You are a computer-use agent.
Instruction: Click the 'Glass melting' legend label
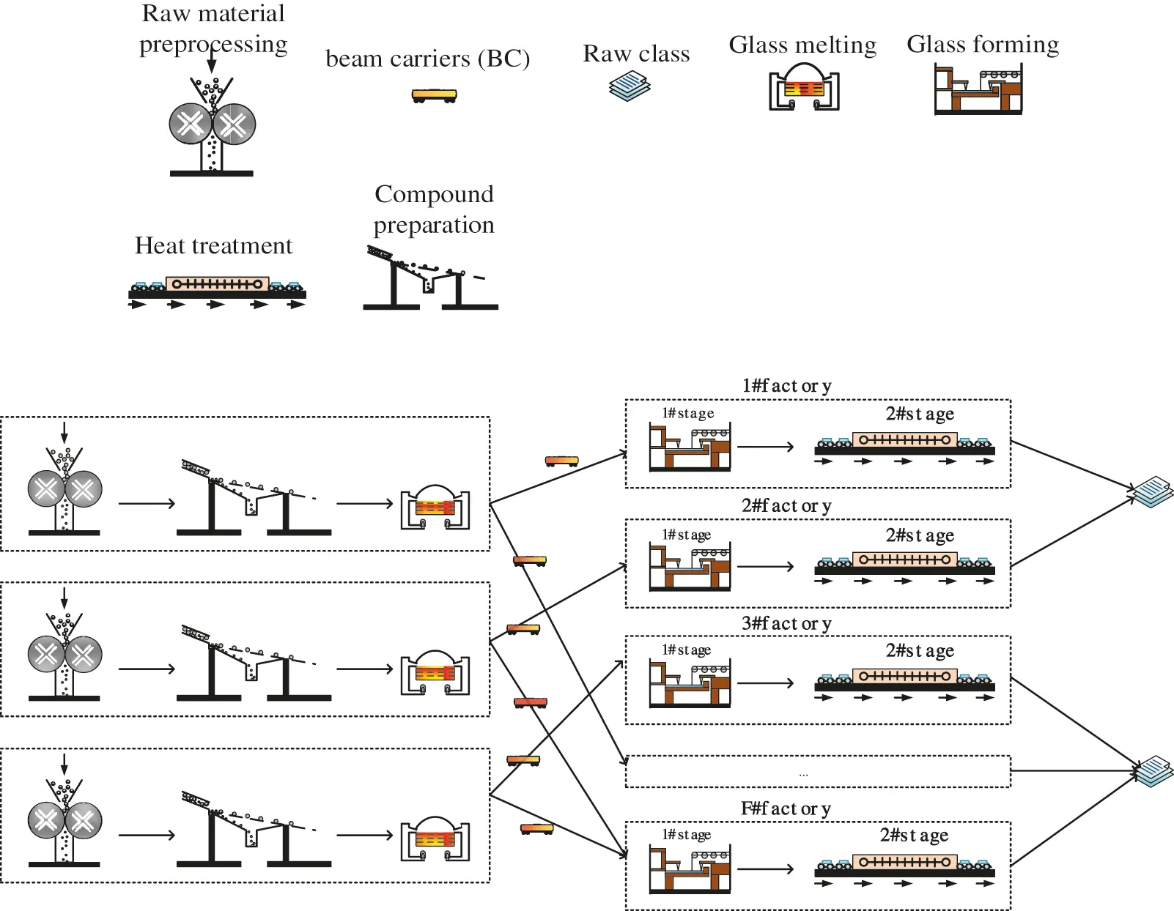(x=802, y=45)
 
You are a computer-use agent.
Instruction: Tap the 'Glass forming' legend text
(x=983, y=45)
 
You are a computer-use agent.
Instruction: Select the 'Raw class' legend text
(x=636, y=54)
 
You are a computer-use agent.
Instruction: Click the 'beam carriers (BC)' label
(x=427, y=59)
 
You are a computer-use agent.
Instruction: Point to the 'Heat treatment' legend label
(x=213, y=245)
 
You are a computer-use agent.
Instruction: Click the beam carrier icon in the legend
(x=435, y=95)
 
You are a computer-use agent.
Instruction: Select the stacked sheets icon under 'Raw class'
(x=630, y=86)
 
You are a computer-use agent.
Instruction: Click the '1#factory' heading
(x=786, y=385)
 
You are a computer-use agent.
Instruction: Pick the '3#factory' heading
(x=786, y=623)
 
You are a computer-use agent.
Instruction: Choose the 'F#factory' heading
(x=786, y=808)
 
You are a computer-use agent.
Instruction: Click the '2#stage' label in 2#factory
(x=920, y=535)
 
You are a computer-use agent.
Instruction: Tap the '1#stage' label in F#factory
(x=686, y=835)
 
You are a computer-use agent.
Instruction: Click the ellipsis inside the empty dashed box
(x=804, y=773)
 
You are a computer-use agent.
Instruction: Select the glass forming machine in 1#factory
(x=690, y=447)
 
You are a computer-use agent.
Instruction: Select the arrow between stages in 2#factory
(x=765, y=566)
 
